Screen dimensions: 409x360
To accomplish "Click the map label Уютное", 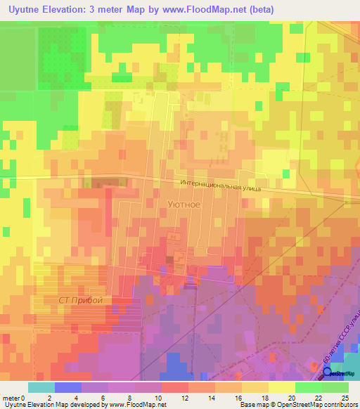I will pyautogui.click(x=184, y=205).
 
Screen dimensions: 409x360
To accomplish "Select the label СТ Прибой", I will pyautogui.click(x=80, y=300).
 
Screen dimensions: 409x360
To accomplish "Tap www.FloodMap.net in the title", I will pyautogui.click(x=207, y=9).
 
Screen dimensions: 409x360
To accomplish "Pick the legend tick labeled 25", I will pyautogui.click(x=344, y=397).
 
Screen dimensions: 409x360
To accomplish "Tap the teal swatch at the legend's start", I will pyautogui.click(x=41, y=387).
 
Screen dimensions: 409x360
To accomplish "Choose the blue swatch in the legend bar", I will pyautogui.click(x=68, y=387).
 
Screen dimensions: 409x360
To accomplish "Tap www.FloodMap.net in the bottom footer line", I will pyautogui.click(x=138, y=405).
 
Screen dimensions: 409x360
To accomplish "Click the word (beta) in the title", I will pyautogui.click(x=260, y=9).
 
